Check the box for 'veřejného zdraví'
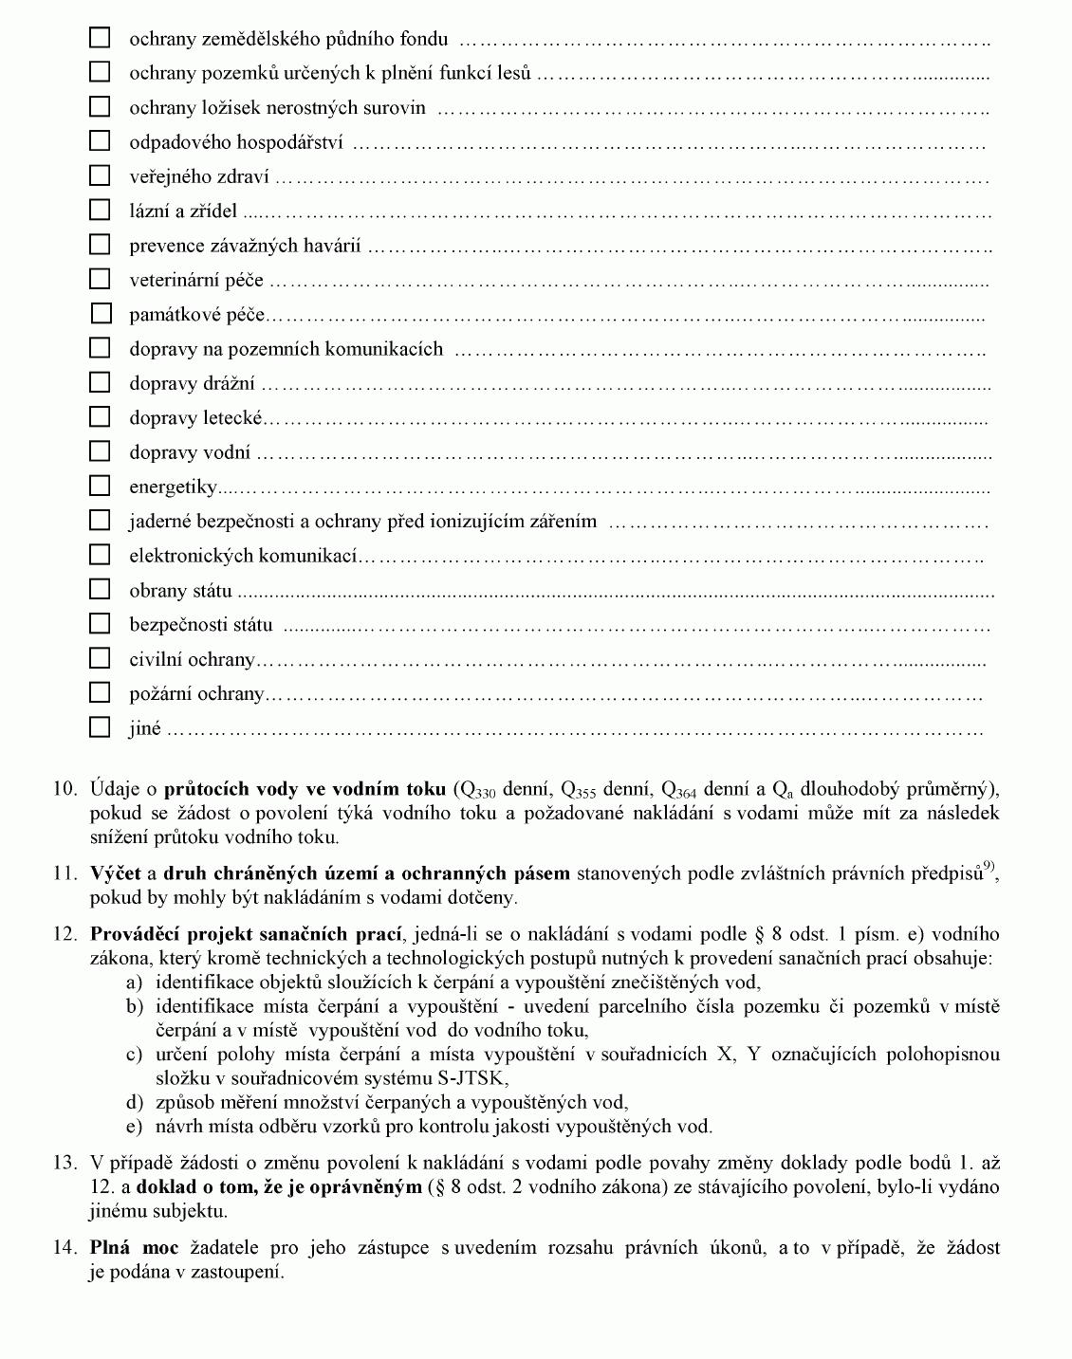[100, 175]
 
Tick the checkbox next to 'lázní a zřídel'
[100, 210]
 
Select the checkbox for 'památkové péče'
[100, 313]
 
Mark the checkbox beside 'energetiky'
[100, 486]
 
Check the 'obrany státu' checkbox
[100, 589]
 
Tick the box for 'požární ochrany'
[100, 692]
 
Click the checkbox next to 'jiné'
[100, 727]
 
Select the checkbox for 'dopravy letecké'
[100, 416]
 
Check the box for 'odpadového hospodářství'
[100, 140]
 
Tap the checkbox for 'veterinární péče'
[100, 279]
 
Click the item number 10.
[65, 789]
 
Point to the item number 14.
[65, 1248]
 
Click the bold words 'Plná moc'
[134, 1248]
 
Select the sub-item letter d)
[135, 1102]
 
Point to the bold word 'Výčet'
[115, 873]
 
